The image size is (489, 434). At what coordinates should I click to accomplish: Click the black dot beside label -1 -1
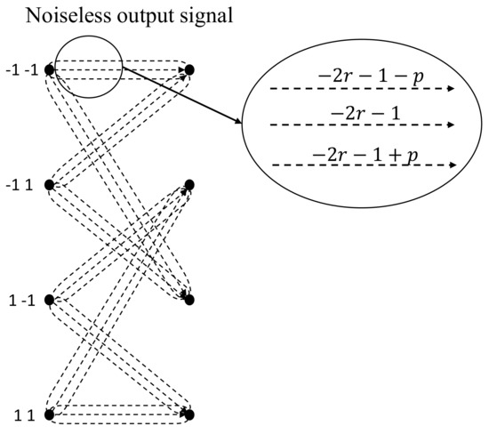pyautogui.click(x=50, y=68)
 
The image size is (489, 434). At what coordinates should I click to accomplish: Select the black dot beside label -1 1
pyautogui.click(x=50, y=185)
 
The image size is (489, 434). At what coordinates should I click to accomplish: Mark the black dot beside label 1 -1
pyautogui.click(x=50, y=300)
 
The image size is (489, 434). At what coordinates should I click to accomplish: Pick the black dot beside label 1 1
pyautogui.click(x=50, y=414)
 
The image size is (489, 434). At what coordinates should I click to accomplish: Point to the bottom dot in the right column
pyautogui.click(x=189, y=414)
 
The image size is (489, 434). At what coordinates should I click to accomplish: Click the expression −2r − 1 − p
pyautogui.click(x=365, y=76)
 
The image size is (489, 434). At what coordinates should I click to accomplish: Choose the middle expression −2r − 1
pyautogui.click(x=365, y=112)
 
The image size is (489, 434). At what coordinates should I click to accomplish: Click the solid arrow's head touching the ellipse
pyautogui.click(x=240, y=123)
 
